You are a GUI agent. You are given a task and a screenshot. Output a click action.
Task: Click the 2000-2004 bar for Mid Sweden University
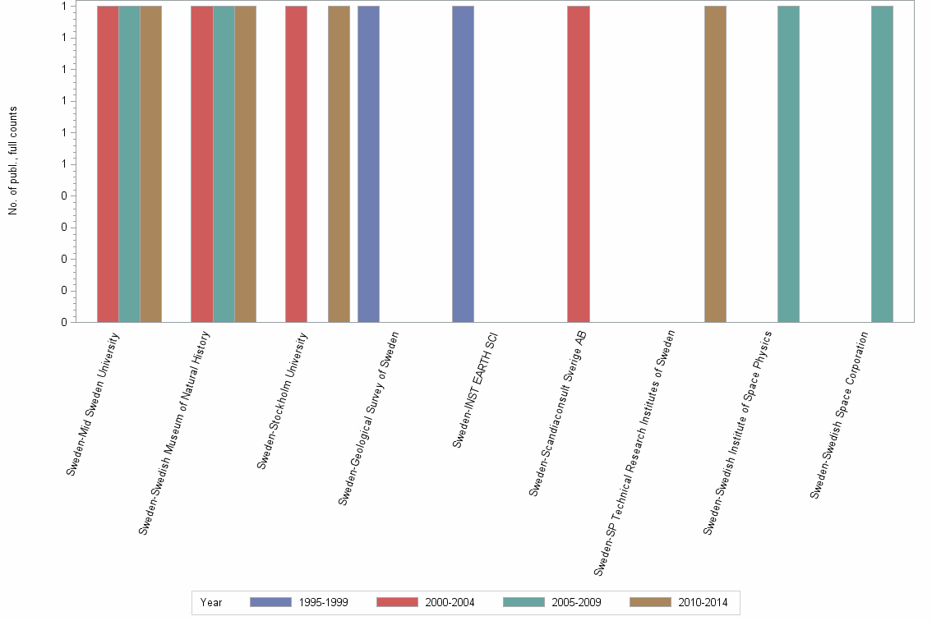pos(108,164)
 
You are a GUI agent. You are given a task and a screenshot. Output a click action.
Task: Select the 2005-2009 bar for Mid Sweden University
pos(129,164)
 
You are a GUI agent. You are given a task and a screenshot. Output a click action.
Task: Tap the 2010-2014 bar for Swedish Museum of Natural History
pos(245,164)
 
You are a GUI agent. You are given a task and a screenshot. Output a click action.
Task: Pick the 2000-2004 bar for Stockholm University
pos(296,164)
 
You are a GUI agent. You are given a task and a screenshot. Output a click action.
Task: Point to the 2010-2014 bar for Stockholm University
pos(339,164)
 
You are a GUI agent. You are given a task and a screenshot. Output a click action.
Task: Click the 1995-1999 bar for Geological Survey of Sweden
pos(368,164)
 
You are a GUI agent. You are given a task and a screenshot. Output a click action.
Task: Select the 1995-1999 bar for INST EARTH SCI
pos(463,164)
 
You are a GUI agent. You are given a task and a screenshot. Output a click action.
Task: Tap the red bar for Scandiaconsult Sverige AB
pos(578,164)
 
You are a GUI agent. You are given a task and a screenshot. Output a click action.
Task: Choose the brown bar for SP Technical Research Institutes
pos(715,164)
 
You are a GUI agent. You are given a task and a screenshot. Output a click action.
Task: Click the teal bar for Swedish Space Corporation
pos(882,164)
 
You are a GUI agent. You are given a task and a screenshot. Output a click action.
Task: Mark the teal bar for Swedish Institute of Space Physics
pos(788,164)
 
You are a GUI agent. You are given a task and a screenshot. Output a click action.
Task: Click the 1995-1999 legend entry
pos(299,602)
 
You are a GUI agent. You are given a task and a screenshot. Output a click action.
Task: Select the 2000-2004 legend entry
pos(425,602)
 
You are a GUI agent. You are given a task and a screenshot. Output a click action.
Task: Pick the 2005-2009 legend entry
pos(551,602)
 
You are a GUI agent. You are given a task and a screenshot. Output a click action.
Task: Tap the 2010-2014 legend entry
pos(678,602)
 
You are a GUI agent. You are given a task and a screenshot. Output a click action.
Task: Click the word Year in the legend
pos(211,602)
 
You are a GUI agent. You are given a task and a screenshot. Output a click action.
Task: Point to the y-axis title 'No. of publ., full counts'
pos(13,161)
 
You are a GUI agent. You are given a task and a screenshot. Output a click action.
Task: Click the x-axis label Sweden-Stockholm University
pos(283,400)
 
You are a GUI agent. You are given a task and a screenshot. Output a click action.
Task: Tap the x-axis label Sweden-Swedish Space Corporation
pos(839,414)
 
